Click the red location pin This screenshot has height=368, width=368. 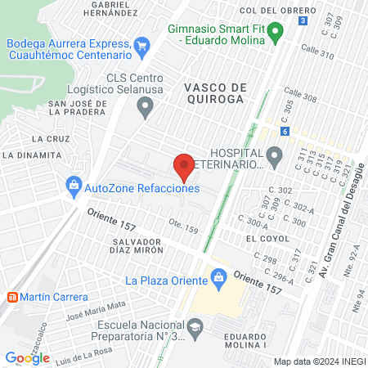click(184, 166)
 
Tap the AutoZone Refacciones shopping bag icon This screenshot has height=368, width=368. click(74, 186)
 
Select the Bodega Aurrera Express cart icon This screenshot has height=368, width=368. click(142, 46)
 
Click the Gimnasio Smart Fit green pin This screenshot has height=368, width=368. click(276, 33)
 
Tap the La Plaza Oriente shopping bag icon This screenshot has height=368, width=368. click(218, 280)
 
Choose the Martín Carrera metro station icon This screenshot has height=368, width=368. click(11, 296)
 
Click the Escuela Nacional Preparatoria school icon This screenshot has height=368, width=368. click(195, 328)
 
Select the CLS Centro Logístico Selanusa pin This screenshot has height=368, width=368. click(146, 104)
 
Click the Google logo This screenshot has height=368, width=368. click(27, 357)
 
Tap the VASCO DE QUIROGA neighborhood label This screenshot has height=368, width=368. click(214, 92)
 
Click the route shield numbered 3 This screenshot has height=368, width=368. click(303, 20)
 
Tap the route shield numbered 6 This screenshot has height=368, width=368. click(284, 131)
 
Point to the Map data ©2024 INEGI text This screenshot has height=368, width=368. click(319, 361)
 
